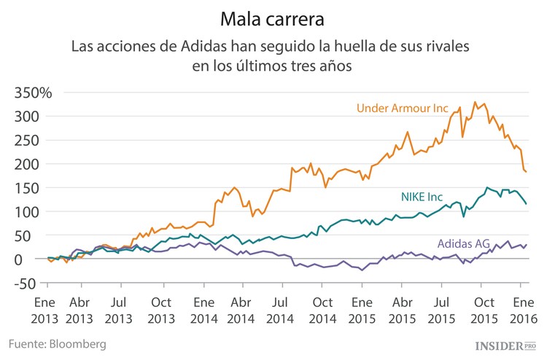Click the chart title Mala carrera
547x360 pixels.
click(x=273, y=16)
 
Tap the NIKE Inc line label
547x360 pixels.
click(x=432, y=196)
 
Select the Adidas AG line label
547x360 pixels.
click(x=463, y=243)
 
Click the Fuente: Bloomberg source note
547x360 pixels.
click(x=58, y=343)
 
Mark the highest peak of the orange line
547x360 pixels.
click(x=475, y=102)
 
